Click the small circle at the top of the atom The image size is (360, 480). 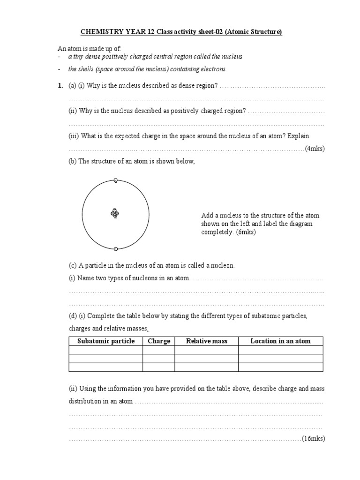[x=116, y=180]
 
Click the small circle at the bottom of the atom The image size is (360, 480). [x=116, y=248]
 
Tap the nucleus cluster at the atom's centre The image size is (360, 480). [x=115, y=213]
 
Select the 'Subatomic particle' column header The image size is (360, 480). [x=106, y=341]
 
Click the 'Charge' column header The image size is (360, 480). [x=159, y=341]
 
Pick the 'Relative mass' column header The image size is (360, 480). [x=207, y=341]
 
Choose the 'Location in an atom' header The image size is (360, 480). [x=280, y=341]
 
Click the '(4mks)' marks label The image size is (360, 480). [x=315, y=149]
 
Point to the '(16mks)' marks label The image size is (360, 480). [x=313, y=438]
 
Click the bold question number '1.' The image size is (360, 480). [x=60, y=86]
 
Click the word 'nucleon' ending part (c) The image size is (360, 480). [x=222, y=265]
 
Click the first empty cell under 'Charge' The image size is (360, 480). [x=159, y=350]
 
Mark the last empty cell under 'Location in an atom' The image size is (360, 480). [x=280, y=367]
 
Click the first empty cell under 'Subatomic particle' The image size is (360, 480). [x=106, y=350]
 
